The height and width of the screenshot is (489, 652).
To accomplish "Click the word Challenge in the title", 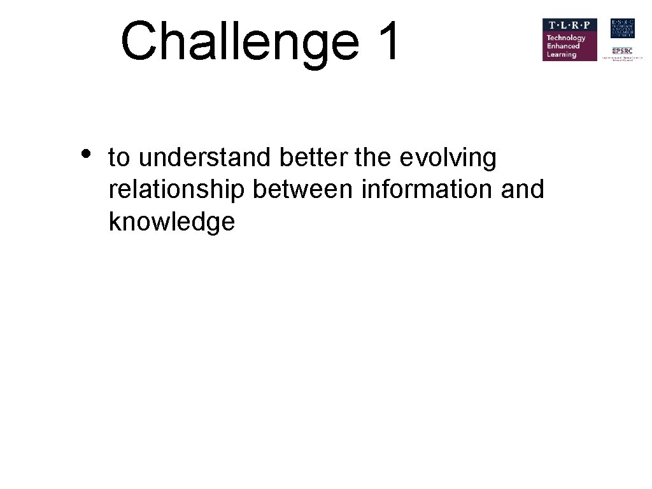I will (239, 41).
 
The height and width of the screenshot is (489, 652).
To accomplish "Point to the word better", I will (315, 157).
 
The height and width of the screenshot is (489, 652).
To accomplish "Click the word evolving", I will (448, 159).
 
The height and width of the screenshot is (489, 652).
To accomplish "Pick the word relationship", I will (177, 190).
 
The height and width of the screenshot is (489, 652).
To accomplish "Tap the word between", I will (303, 189).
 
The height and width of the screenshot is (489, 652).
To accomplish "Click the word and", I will (522, 189).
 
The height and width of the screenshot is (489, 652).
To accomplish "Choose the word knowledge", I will (172, 222).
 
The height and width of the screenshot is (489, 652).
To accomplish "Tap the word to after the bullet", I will (119, 158).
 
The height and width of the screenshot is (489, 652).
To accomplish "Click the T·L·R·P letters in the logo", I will (569, 26).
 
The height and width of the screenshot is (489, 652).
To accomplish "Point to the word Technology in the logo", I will (565, 38).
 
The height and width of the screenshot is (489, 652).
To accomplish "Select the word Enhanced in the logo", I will (563, 46).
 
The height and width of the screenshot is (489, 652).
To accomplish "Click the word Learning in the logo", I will (561, 55).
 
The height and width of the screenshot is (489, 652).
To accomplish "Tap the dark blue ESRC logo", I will (622, 28).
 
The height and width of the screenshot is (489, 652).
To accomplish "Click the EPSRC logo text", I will (622, 50).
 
